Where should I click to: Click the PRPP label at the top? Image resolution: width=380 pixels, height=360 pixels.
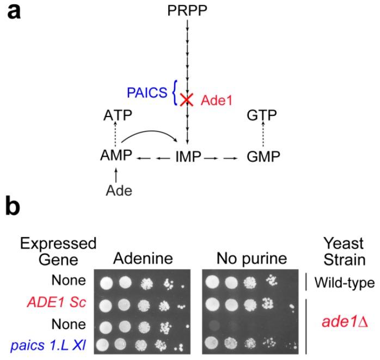(x=187, y=10)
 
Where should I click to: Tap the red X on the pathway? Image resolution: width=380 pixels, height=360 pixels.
(x=187, y=100)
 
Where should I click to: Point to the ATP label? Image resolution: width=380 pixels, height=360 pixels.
(x=119, y=115)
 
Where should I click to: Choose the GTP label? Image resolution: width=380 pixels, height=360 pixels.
(x=261, y=115)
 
